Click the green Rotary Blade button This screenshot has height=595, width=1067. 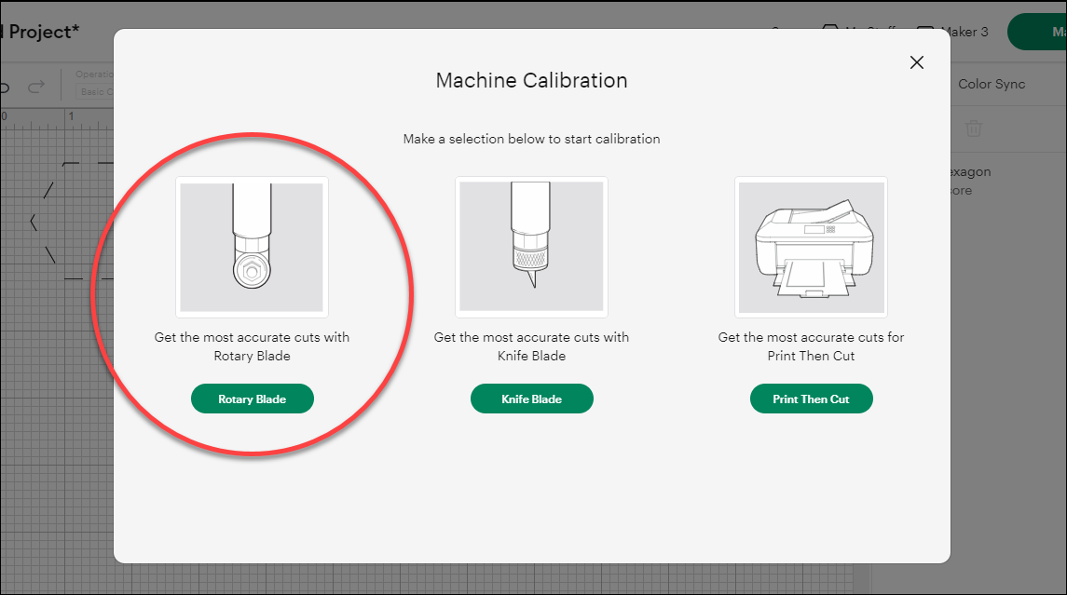coord(252,399)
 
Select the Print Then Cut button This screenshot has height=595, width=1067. coord(811,399)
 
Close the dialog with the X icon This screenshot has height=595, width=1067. coord(917,62)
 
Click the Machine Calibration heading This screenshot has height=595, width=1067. coord(531,80)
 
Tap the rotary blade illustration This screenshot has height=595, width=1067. coord(252,247)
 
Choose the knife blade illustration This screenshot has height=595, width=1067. coord(531,247)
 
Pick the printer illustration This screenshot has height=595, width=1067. coord(811,247)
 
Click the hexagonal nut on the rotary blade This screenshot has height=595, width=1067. coord(252,272)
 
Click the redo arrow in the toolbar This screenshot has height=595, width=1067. coord(36,88)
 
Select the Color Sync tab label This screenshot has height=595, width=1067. coord(991,84)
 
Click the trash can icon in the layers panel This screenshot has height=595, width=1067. coord(973,128)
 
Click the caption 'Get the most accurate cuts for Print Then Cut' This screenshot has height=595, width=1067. coord(811,346)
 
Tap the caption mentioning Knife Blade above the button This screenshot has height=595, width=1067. coord(531,346)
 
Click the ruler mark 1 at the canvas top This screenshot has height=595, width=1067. coord(71,116)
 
